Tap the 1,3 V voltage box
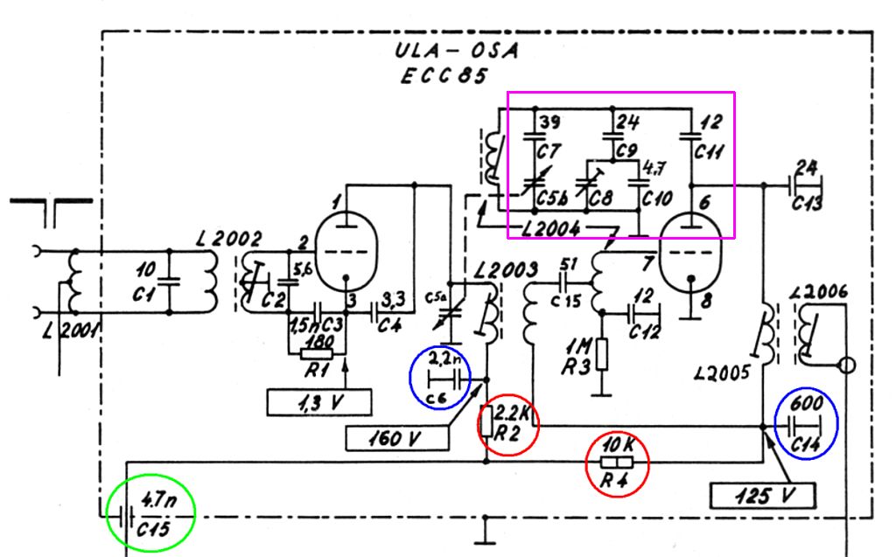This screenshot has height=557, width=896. click(x=319, y=402)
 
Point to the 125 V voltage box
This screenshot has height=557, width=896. click(x=761, y=497)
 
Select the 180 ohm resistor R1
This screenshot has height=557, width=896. click(x=317, y=354)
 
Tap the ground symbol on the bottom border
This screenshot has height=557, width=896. click(x=483, y=530)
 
